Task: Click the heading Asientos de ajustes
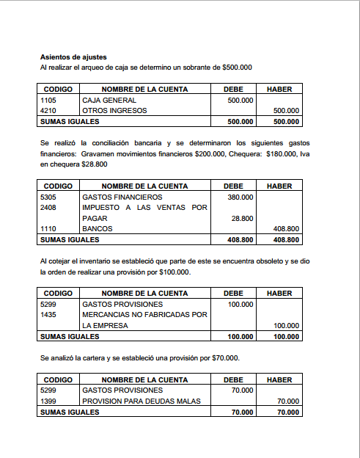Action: pyautogui.click(x=73, y=57)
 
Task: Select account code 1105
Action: pyautogui.click(x=48, y=100)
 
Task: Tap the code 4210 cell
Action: pyautogui.click(x=48, y=111)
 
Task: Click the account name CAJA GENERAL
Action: pyautogui.click(x=109, y=100)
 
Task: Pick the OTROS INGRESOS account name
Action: pyautogui.click(x=114, y=111)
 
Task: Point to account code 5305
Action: pyautogui.click(x=48, y=197)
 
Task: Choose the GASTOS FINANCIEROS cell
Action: pyautogui.click(x=122, y=197)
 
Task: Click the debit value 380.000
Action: pyautogui.click(x=240, y=197)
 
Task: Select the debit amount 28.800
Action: pyautogui.click(x=243, y=218)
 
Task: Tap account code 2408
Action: pyautogui.click(x=48, y=208)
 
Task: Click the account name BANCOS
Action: pyautogui.click(x=98, y=229)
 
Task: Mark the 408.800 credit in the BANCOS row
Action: pyautogui.click(x=285, y=229)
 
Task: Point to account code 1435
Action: pyautogui.click(x=48, y=315)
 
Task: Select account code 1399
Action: pyautogui.click(x=48, y=401)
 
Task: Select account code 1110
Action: pyautogui.click(x=48, y=229)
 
